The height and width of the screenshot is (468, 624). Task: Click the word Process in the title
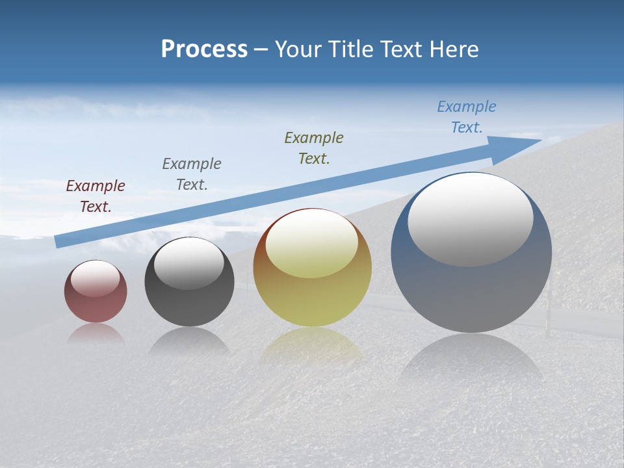[204, 49]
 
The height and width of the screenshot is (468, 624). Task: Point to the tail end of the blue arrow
[58, 241]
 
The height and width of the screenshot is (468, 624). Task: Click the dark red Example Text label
[95, 196]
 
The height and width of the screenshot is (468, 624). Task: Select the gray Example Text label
[191, 174]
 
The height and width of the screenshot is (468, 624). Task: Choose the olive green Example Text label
[314, 148]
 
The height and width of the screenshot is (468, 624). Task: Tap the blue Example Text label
[466, 117]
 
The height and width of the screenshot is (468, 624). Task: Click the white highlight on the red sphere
[95, 279]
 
